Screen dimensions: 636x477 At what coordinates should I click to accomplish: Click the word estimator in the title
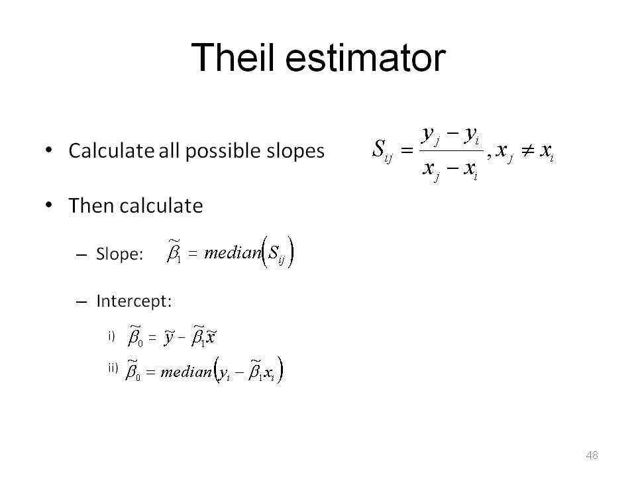point(366,58)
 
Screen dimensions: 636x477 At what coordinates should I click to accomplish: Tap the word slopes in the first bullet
point(295,150)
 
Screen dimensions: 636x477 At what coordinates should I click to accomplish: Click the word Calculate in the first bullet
point(111,150)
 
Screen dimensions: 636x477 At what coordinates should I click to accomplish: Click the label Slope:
point(120,254)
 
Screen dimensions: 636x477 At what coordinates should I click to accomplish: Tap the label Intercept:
point(134,301)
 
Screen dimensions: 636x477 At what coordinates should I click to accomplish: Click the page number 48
point(592,455)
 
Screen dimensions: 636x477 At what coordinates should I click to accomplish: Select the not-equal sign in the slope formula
point(528,151)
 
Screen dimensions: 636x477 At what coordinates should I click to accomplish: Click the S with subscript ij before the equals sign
point(382,150)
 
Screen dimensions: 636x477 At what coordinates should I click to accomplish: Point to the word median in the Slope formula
point(233,252)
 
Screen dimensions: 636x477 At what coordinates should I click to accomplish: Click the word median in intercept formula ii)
point(186,372)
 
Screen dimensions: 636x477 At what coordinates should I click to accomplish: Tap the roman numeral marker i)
point(111,337)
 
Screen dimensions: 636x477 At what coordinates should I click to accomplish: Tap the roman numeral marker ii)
point(113,368)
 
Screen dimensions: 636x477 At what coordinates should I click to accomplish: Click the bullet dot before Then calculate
point(49,205)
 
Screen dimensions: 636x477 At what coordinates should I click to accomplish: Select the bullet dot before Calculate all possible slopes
point(49,150)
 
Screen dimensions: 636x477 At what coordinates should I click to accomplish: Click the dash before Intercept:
point(81,302)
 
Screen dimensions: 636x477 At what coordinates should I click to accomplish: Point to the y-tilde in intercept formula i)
point(169,337)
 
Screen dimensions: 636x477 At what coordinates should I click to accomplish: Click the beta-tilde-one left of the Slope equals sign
point(174,252)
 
